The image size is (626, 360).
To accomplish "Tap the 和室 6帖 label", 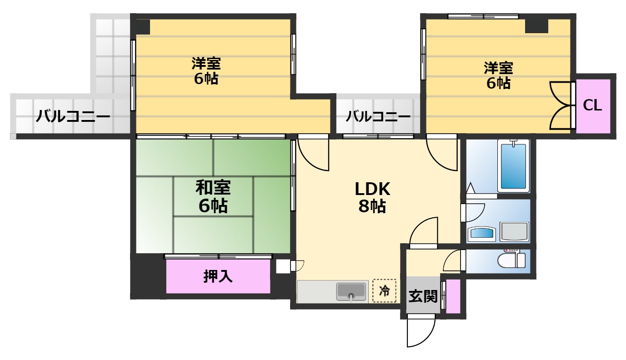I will click(213, 196).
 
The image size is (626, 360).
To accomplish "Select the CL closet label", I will click(592, 106).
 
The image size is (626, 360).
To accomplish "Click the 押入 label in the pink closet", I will click(218, 276).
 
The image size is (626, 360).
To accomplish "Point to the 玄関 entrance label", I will click(423, 296).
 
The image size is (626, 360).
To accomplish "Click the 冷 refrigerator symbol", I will click(384, 290).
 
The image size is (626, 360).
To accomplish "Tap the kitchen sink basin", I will click(351, 291).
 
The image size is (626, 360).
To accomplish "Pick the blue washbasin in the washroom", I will click(482, 233).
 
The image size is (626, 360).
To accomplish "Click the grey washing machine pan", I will click(514, 232).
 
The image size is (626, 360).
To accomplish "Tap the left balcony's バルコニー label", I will click(73, 117).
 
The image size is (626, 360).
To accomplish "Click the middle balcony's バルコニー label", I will click(378, 117).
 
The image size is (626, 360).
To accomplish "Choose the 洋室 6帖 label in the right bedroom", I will click(498, 75).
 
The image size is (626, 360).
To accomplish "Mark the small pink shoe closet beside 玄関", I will click(453, 296).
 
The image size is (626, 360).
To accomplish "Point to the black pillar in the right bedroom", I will click(536, 25).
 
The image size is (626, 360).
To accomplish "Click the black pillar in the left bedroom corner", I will click(143, 26).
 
